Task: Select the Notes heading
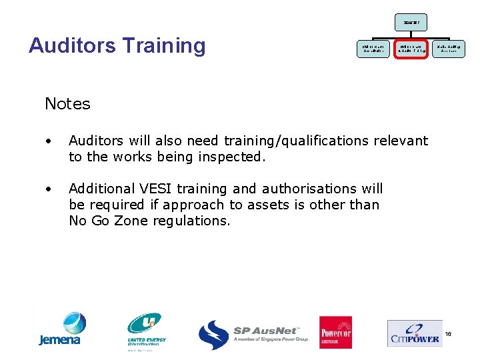point(67,104)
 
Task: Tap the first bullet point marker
point(49,141)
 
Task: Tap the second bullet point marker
point(49,189)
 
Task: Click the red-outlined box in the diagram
point(410,48)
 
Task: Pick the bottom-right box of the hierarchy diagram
point(449,48)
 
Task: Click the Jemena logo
point(60,329)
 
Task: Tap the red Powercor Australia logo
point(335,332)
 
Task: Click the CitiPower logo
point(414,333)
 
